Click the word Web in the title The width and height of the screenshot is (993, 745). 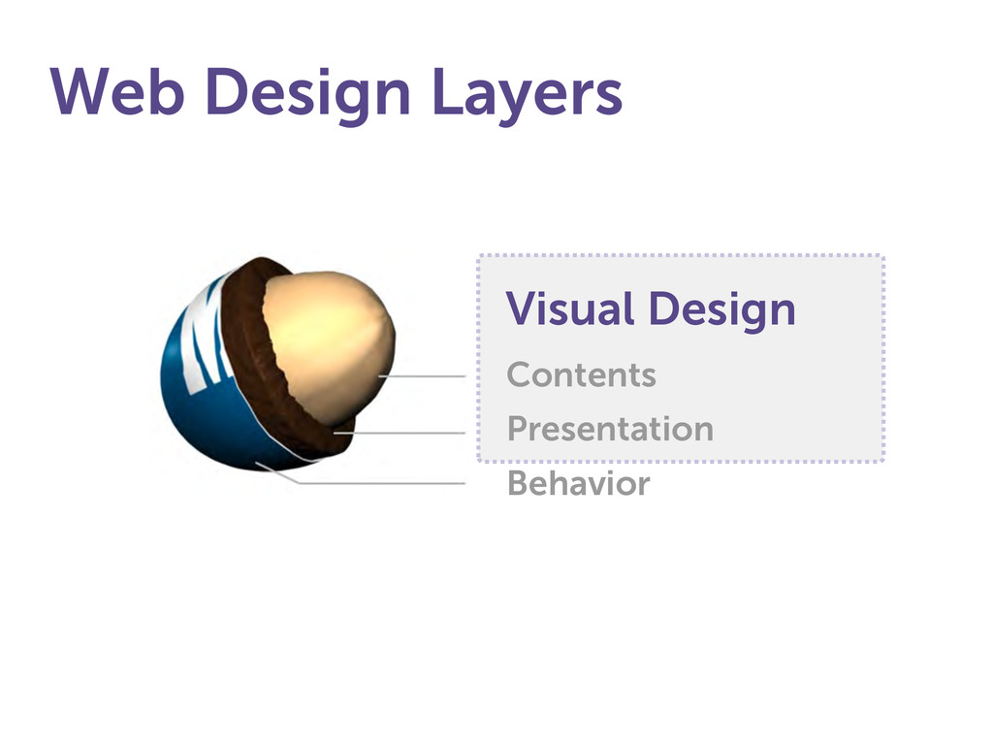[117, 91]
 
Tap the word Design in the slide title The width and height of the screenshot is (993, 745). [308, 96]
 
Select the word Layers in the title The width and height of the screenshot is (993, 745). [528, 96]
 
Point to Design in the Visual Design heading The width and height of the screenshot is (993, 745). [722, 311]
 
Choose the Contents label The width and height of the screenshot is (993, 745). [582, 374]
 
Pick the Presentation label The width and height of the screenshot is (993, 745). [611, 428]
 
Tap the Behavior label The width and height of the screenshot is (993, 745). [579, 483]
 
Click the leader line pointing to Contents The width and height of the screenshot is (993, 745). [423, 376]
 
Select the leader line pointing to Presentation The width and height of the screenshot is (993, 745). [400, 434]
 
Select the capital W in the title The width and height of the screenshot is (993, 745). [81, 91]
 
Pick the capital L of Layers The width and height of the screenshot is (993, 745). [446, 91]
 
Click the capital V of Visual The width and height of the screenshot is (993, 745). [523, 308]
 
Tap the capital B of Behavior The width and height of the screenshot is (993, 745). [520, 483]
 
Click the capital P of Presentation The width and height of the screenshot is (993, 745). [519, 428]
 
